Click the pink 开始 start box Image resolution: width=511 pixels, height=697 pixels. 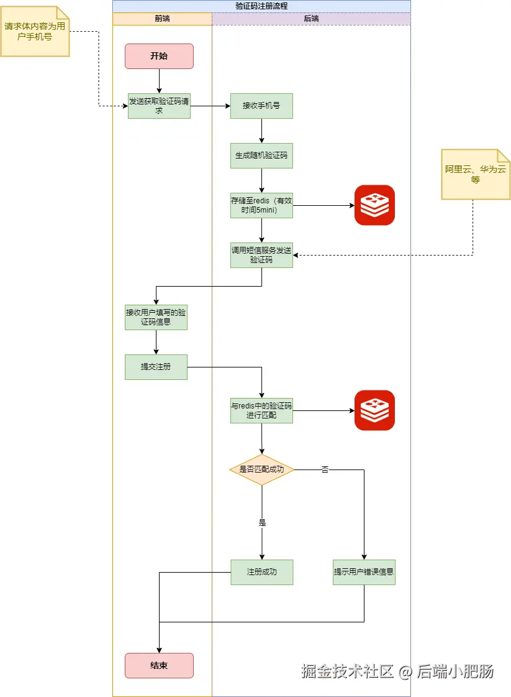pos(159,56)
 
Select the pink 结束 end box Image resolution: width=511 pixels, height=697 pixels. pos(159,665)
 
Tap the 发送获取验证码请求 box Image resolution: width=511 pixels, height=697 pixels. pos(159,106)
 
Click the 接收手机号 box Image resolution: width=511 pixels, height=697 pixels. pos(261,106)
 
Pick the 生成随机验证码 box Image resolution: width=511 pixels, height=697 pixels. pos(261,155)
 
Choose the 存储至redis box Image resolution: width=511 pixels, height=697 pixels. pos(261,205)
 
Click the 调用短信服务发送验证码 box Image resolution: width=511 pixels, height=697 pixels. pos(261,255)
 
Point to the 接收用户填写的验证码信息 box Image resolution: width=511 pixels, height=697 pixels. pos(156,317)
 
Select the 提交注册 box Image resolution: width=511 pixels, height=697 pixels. pos(156,367)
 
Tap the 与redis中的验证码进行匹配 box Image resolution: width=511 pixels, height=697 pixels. pos(261,410)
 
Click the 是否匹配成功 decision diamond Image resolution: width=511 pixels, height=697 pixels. pos(261,469)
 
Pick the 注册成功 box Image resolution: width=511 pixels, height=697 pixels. pos(261,572)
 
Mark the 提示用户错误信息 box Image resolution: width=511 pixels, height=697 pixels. pos(364,572)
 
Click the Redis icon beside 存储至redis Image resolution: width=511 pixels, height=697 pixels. pos(374,205)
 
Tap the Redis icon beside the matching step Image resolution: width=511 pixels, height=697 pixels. pos(374,410)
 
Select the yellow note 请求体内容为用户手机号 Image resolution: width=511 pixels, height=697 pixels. pos(35,32)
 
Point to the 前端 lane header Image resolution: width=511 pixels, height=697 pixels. pos(162,19)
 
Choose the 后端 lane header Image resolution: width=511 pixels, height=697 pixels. pos(311,19)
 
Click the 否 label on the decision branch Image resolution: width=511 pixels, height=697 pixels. pos(325,469)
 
